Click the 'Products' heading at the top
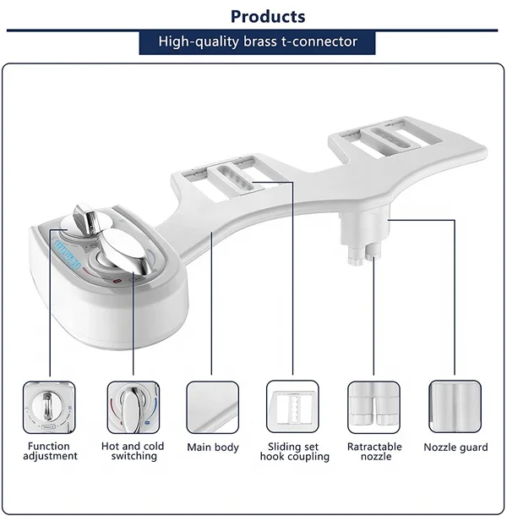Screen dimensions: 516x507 coord(268,16)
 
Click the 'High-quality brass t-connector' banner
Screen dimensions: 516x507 coord(257,41)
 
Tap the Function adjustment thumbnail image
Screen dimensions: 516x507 coord(49,408)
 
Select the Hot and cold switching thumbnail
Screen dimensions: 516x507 coord(133,408)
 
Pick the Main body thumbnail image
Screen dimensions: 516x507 coord(212,408)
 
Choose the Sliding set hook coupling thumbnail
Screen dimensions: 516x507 coord(292,408)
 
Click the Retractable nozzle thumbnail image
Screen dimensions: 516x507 coord(373,408)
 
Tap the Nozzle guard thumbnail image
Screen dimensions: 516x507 coord(455,408)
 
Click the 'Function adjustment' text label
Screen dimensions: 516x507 coord(52,451)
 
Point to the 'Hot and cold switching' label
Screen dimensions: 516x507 coord(133,451)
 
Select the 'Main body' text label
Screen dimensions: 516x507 coord(213,447)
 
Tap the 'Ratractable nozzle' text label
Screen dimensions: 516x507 coord(375,451)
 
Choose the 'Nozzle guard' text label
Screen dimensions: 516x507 coord(455,447)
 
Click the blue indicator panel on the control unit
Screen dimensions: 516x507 coord(68,252)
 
